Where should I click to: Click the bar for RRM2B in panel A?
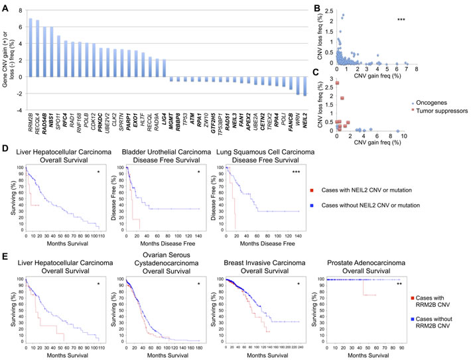pyautogui.click(x=30, y=47)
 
